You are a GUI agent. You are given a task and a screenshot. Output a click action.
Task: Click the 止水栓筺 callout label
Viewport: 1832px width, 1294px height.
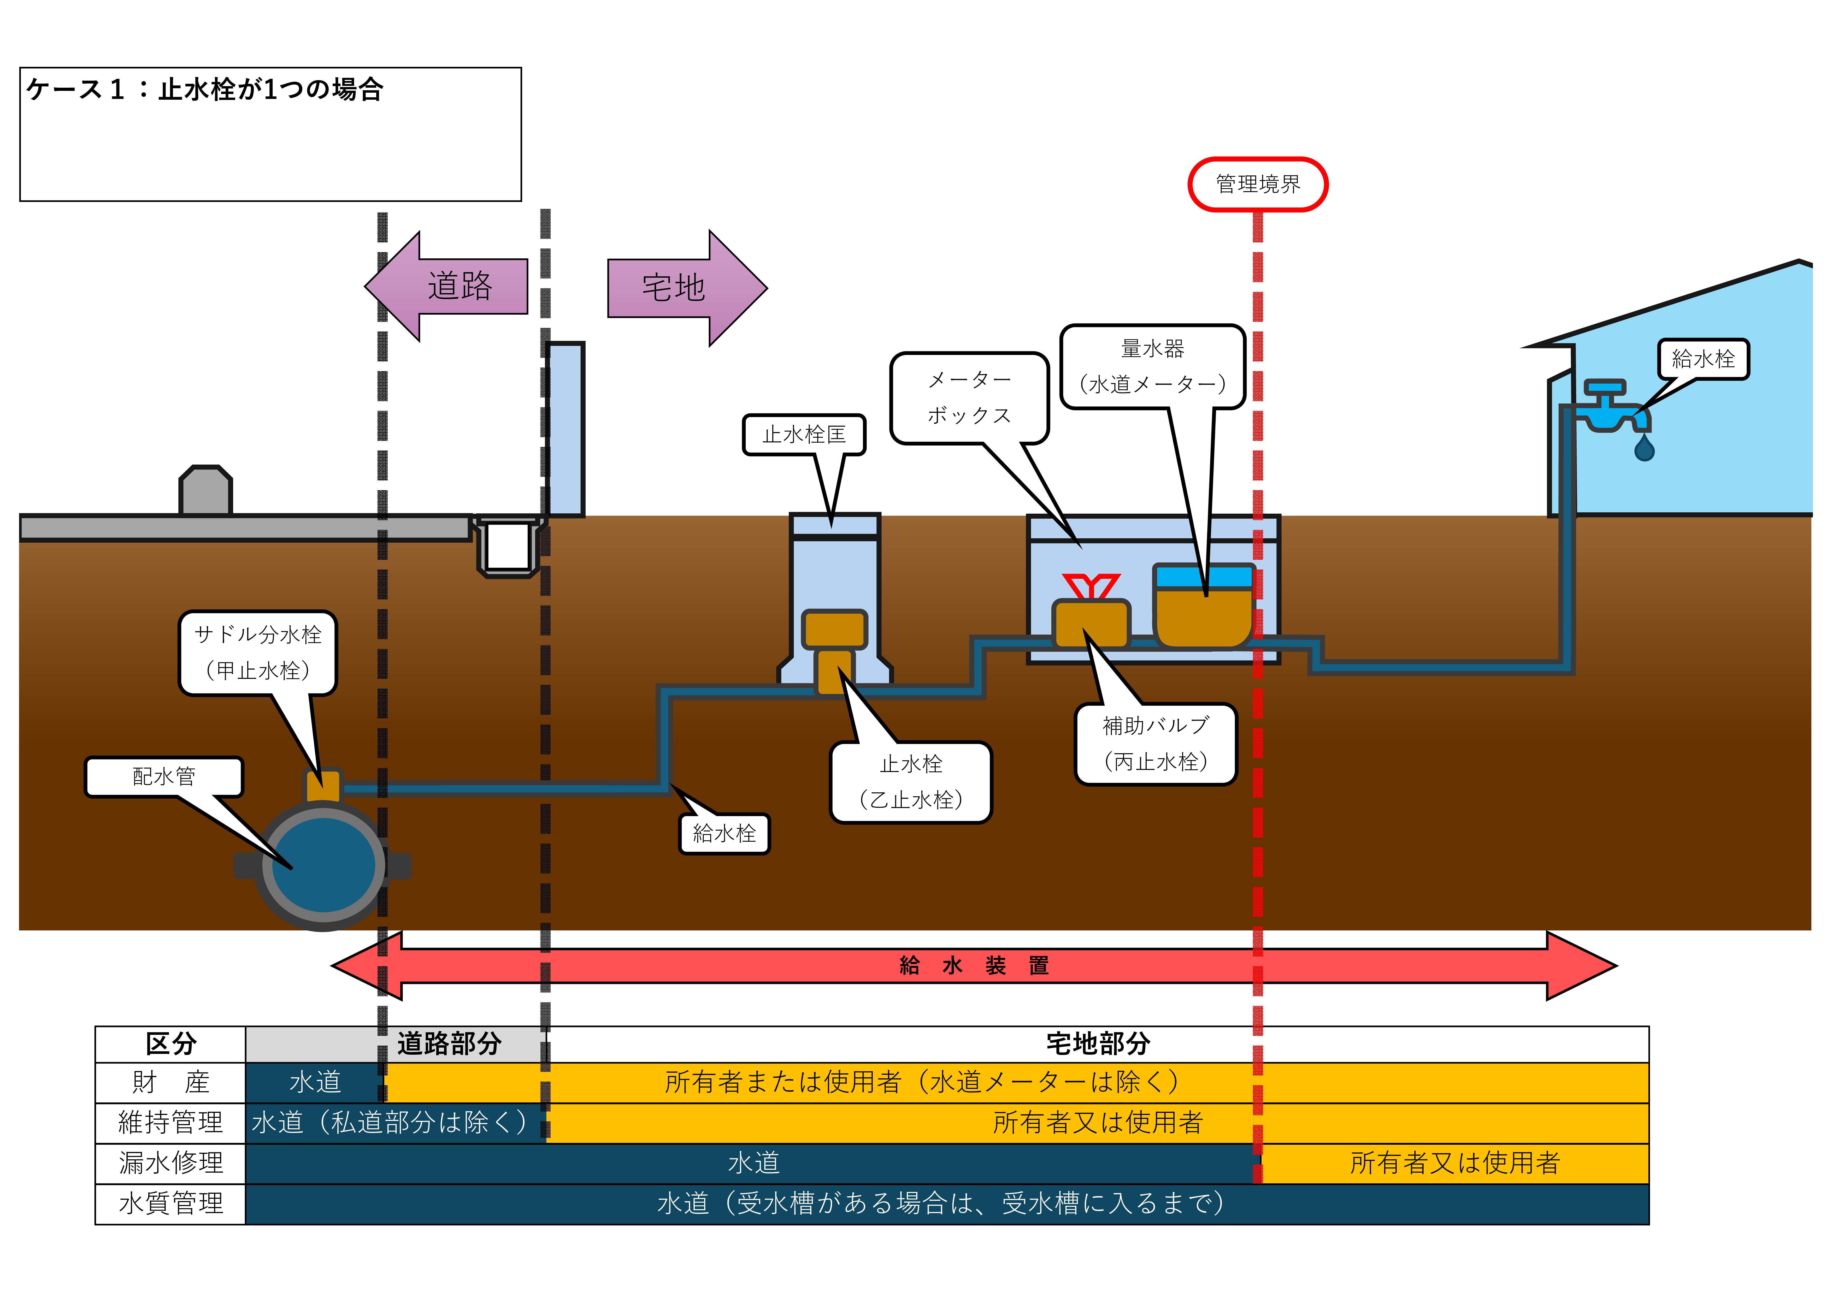[x=804, y=435]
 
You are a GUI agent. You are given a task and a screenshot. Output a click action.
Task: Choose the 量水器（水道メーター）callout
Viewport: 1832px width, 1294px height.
[x=1152, y=367]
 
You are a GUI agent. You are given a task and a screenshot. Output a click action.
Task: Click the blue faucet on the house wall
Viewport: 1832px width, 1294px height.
[x=1612, y=407]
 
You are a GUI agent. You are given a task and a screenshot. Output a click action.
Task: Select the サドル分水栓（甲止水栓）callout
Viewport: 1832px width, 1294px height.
[x=258, y=652]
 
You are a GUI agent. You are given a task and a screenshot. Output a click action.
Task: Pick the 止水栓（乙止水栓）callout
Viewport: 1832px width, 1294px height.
[x=910, y=782]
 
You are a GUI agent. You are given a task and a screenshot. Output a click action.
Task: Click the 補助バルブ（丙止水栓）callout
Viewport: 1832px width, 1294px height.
[x=1155, y=744]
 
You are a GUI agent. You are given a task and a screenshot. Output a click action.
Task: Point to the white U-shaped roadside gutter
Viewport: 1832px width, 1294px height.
[x=508, y=546]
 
